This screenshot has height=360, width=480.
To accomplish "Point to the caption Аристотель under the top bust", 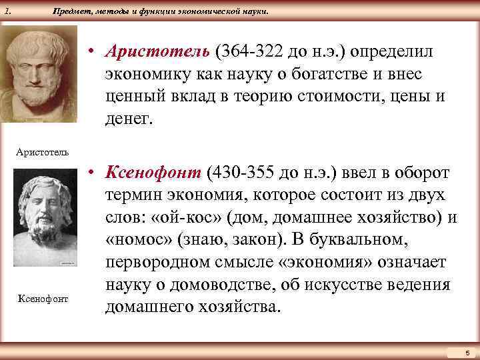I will pos(43,152).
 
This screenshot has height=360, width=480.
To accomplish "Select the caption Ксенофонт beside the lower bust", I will pos(43,298).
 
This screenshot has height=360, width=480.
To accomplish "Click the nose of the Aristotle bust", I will pos(38,73).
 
